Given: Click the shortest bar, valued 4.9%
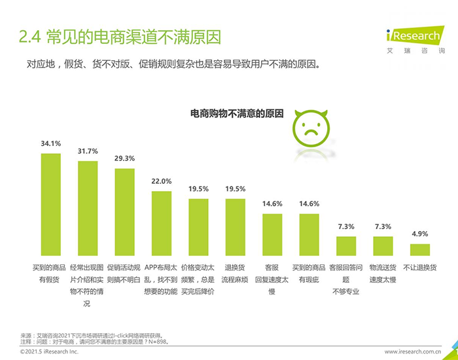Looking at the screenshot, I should click(x=420, y=249).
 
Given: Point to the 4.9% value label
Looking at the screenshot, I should click(x=420, y=234).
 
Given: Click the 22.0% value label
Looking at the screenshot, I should click(x=162, y=181).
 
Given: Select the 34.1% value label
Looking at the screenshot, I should click(x=50, y=143).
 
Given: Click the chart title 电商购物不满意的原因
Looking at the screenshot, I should click(x=237, y=114).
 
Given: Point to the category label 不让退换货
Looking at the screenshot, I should click(x=420, y=268).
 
